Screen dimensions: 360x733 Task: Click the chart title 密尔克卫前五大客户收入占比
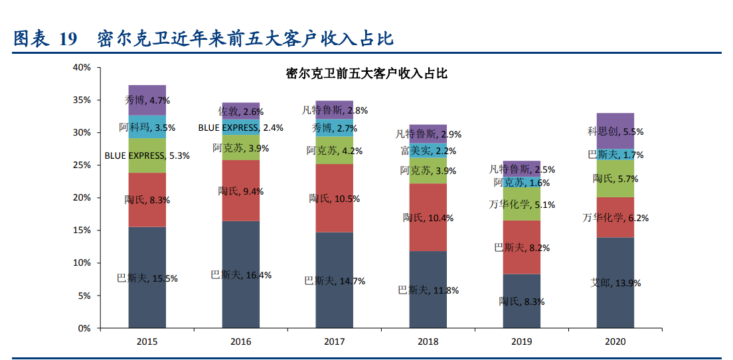[x=366, y=74]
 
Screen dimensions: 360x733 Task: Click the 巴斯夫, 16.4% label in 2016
[x=241, y=275]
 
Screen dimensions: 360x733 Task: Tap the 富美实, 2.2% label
[x=428, y=151]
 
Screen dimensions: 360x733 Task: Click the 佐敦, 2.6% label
[x=241, y=112]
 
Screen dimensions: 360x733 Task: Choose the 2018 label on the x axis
[x=428, y=342]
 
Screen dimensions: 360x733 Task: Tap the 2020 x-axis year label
[x=615, y=342]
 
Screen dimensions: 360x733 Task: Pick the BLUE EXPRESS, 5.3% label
[x=147, y=156]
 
